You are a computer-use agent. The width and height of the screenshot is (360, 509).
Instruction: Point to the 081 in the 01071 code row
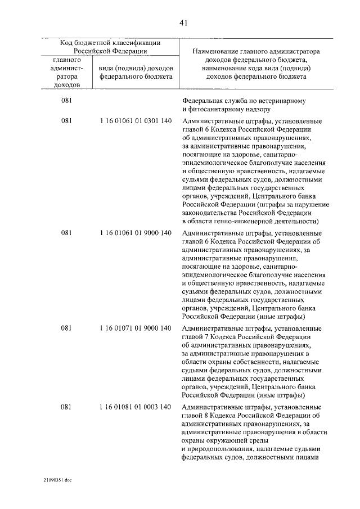[67, 328]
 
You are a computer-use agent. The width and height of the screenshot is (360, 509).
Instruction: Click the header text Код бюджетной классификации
[110, 42]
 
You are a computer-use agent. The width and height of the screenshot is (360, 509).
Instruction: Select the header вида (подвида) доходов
[135, 67]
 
